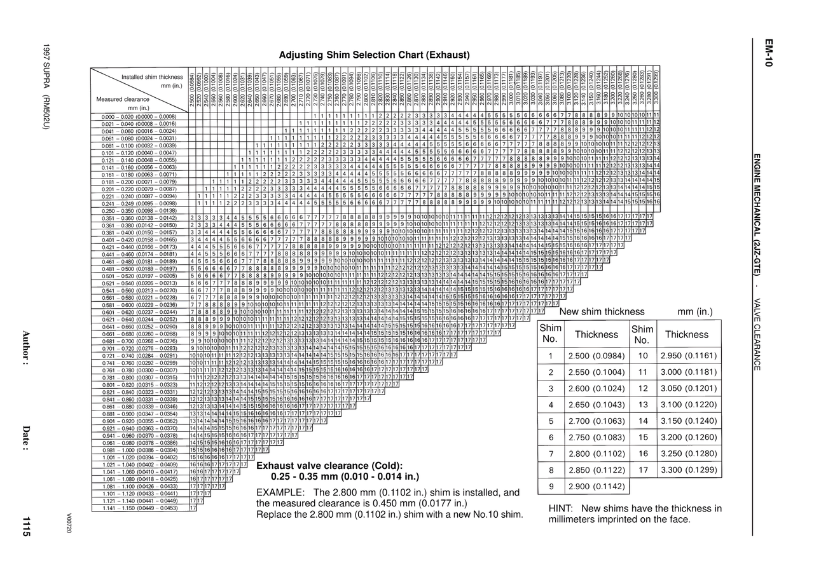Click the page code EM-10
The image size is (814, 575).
pyautogui.click(x=768, y=53)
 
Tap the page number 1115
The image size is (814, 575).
pyautogui.click(x=26, y=527)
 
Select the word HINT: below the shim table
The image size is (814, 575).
pyautogui.click(x=561, y=508)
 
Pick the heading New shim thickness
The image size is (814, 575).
pyautogui.click(x=602, y=312)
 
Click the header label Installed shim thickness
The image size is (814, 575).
pyautogui.click(x=152, y=78)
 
